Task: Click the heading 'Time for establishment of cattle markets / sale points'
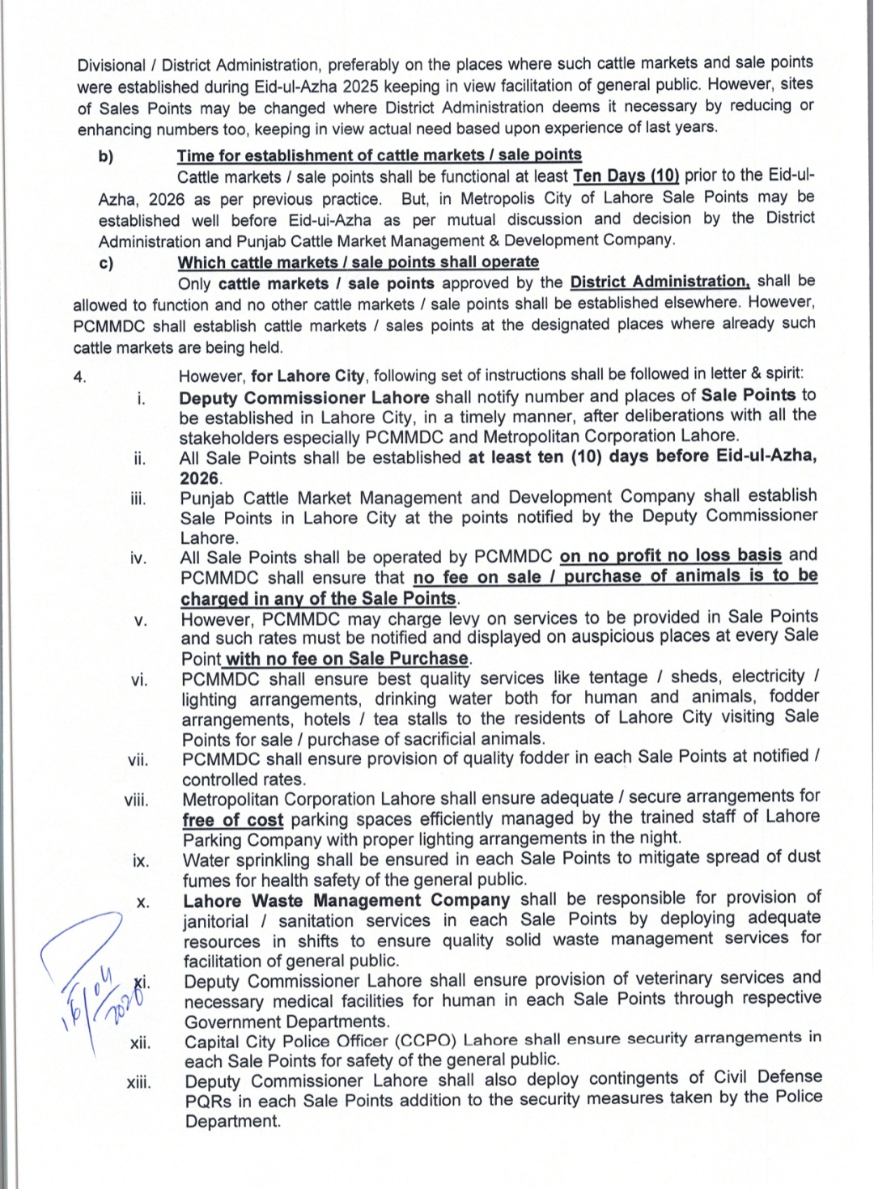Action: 379,155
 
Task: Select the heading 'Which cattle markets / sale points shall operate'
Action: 358,262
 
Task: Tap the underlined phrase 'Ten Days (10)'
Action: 626,176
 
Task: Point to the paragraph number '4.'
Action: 80,376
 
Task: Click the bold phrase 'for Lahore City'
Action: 308,376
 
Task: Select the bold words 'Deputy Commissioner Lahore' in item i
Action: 303,397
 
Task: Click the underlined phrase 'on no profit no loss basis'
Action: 671,555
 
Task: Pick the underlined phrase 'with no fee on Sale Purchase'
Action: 346,659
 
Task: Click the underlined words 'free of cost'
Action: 232,820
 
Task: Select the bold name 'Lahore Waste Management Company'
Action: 346,900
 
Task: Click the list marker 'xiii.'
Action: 138,1082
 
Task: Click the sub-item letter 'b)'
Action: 106,156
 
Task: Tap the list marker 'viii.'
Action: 136,800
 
